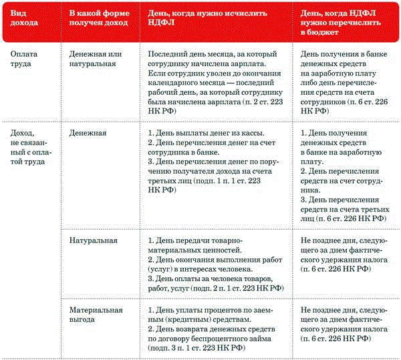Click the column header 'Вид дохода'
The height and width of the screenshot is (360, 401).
point(21,18)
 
